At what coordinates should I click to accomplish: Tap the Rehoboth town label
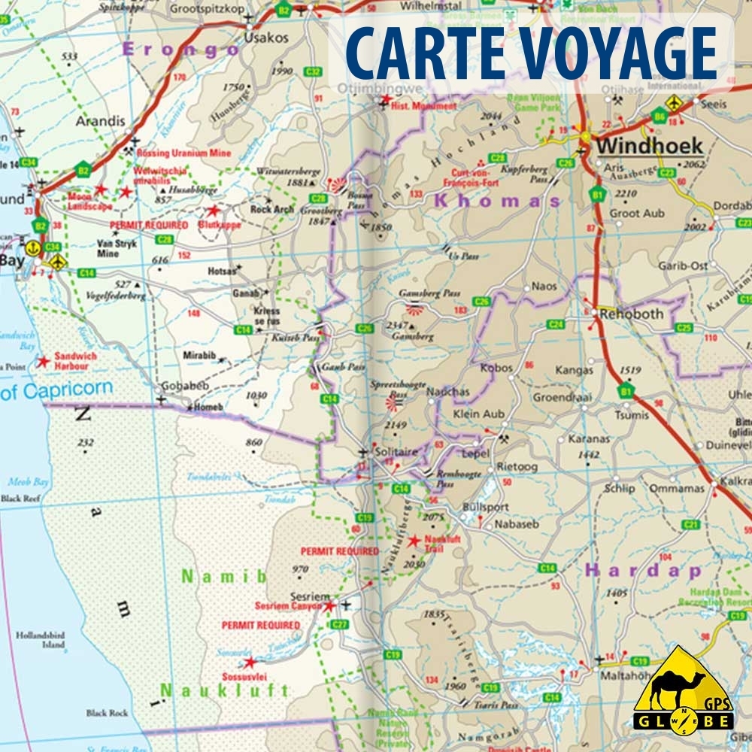(631, 314)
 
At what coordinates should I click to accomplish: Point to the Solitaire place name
(396, 451)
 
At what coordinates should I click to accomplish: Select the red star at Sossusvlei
(250, 662)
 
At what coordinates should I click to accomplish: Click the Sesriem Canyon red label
(288, 605)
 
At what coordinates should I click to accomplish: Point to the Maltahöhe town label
(618, 675)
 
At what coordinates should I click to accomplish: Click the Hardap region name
(643, 571)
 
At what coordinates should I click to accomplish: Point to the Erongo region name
(180, 50)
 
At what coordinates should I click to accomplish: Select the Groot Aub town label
(637, 214)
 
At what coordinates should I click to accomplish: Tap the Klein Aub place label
(479, 414)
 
